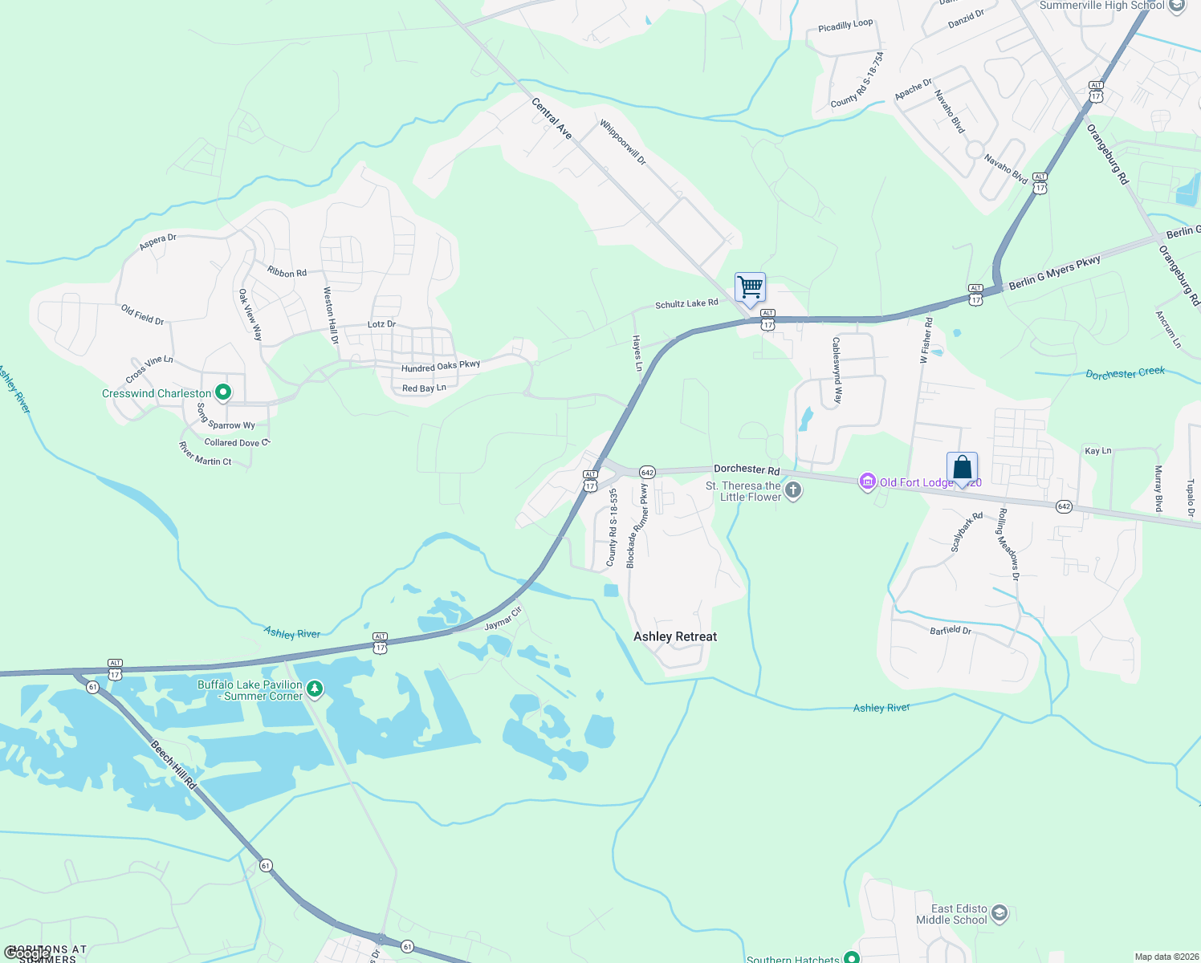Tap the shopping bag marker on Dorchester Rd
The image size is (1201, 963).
(962, 468)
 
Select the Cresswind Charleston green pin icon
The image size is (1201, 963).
(224, 392)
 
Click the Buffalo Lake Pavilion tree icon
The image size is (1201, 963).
(316, 689)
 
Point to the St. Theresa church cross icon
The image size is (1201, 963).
(793, 490)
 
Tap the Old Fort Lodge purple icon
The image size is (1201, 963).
(867, 481)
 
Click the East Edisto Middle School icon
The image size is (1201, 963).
(999, 913)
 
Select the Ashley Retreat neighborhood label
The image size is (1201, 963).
(675, 636)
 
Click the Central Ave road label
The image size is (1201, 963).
(552, 119)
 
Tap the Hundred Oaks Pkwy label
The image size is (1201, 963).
(441, 367)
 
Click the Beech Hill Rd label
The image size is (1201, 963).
(174, 765)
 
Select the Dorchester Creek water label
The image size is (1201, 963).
(1125, 373)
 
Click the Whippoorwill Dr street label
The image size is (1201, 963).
(623, 142)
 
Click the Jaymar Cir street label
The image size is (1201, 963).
(503, 618)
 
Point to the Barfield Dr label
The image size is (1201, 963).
(951, 630)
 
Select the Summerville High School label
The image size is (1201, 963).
(1101, 6)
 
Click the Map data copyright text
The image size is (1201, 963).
(1164, 957)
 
